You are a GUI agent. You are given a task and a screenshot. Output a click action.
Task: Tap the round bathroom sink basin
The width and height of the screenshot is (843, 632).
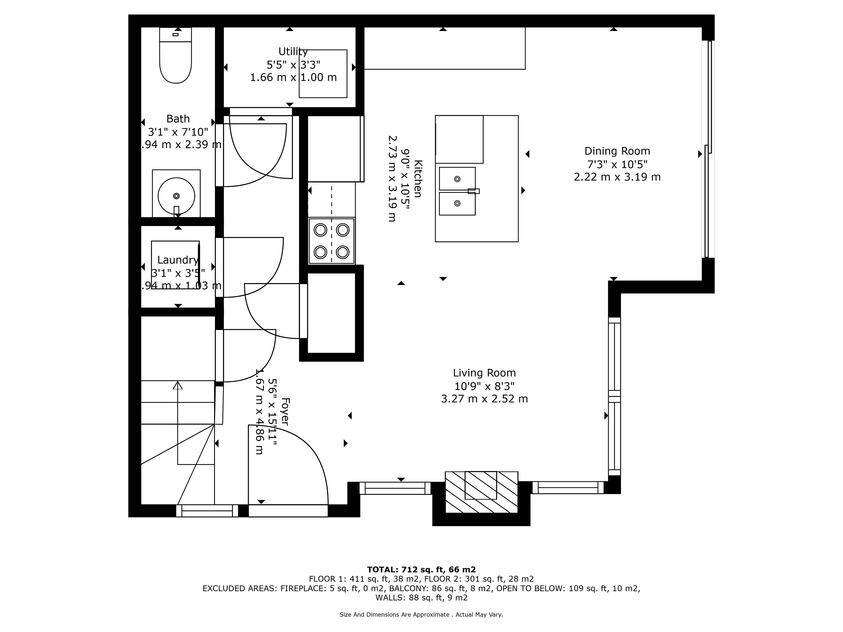point(176,196)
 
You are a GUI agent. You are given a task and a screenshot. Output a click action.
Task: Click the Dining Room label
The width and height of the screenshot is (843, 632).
point(617,151)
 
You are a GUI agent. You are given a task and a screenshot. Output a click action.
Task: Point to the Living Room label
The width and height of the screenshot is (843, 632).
point(484,373)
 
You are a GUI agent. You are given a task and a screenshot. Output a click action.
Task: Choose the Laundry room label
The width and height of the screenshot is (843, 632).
point(178,260)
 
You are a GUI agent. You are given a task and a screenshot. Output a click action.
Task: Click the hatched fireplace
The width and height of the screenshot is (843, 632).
point(481,492)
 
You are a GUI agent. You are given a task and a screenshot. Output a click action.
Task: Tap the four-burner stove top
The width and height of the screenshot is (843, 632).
point(331,241)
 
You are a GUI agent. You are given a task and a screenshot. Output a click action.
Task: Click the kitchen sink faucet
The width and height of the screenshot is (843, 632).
point(473,191)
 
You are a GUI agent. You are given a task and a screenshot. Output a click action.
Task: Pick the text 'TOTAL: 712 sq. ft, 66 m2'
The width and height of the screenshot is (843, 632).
point(421,569)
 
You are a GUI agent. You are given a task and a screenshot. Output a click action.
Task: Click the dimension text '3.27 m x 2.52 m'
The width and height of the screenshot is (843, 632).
point(484,399)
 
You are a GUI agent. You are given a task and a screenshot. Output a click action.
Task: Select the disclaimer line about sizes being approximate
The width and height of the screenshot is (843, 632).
point(421,614)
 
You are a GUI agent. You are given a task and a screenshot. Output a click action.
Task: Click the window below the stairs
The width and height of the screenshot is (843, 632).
point(207,511)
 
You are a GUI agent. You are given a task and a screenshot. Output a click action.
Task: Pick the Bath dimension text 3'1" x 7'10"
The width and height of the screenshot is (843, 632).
point(178,132)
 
